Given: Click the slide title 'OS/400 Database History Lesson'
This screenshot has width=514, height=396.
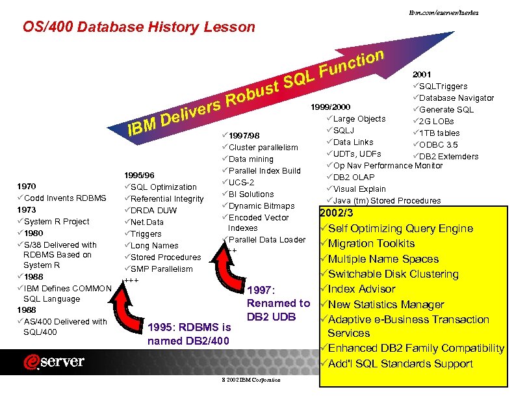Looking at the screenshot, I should pyautogui.click(x=139, y=27).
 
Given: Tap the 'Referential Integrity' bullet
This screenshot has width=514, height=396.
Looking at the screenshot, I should pyautogui.click(x=167, y=199).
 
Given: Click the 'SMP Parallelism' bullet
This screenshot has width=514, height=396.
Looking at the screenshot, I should pyautogui.click(x=161, y=269).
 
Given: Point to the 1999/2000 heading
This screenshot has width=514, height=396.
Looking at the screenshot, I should pyautogui.click(x=331, y=107).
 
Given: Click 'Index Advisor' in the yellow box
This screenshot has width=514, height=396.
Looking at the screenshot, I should pyautogui.click(x=361, y=289).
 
